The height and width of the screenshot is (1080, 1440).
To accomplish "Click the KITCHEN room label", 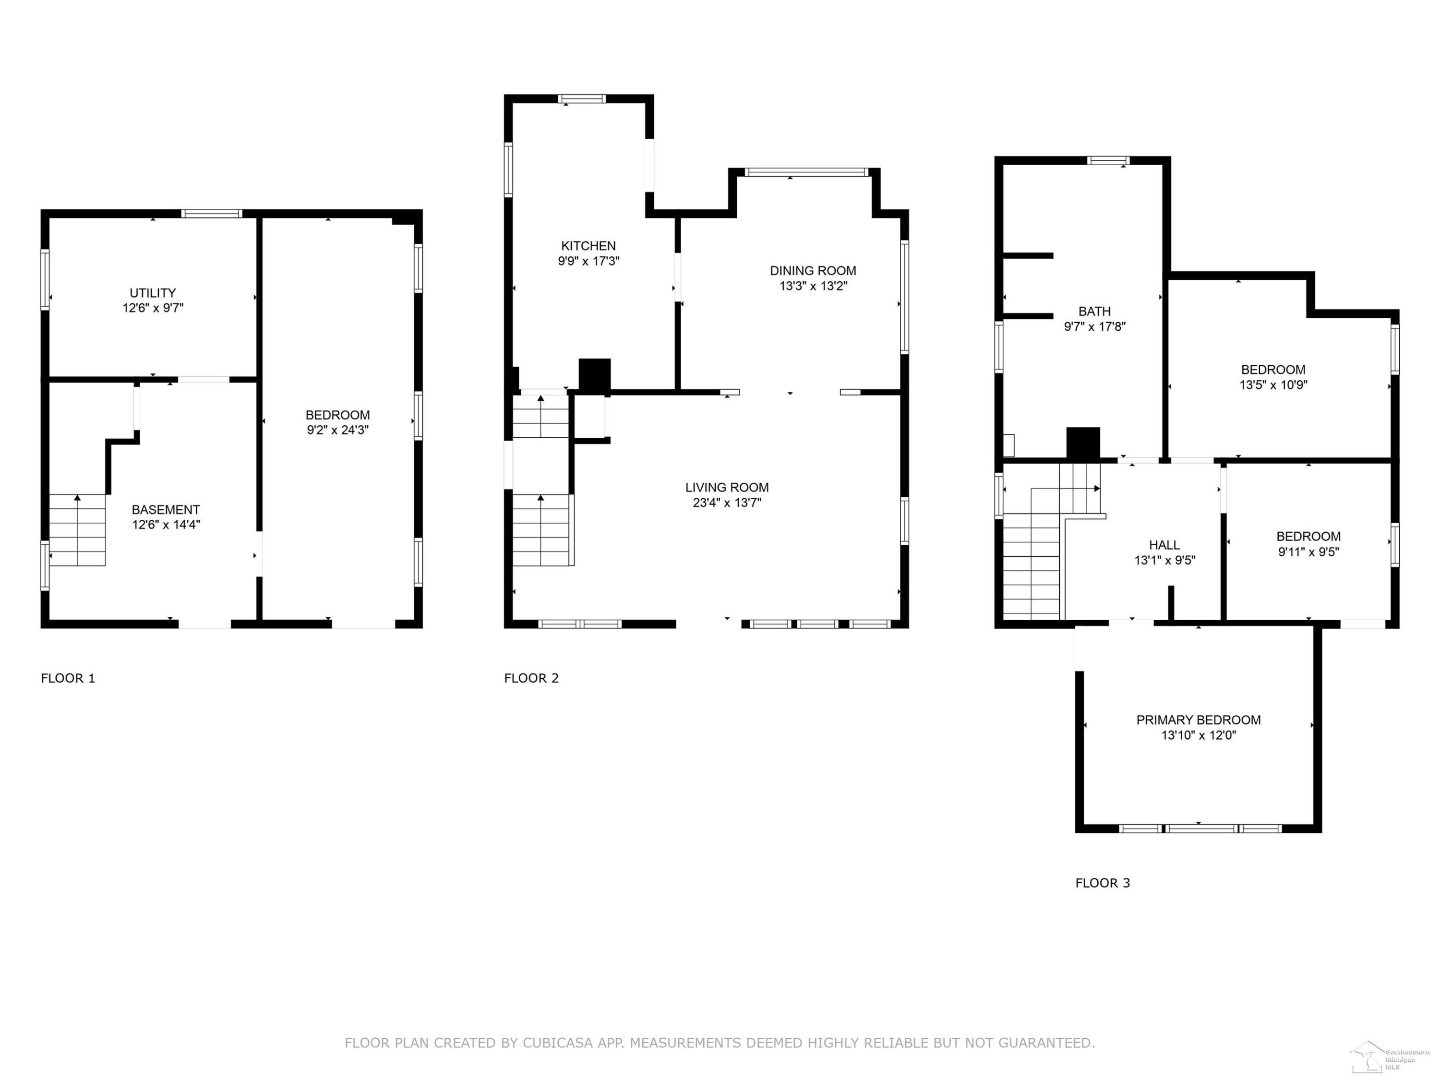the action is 588,246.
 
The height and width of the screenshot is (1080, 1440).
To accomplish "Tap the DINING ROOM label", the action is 813,271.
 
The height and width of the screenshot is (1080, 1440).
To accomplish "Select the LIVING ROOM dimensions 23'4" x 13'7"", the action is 727,503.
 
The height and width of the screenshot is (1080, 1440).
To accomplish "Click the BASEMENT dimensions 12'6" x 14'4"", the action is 166,525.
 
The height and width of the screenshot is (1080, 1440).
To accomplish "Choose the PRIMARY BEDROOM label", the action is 1199,720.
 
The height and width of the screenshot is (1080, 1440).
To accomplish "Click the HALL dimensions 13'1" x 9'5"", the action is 1164,561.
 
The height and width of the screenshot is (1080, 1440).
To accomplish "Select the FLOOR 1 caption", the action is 68,678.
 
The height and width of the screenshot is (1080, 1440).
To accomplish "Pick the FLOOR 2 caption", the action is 532,678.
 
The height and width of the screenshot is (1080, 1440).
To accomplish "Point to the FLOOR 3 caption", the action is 1103,883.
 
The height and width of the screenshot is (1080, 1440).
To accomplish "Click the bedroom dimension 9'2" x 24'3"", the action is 338,430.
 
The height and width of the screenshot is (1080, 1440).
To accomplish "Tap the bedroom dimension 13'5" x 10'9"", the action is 1273,385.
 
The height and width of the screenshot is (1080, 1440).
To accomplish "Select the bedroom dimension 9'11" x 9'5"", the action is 1308,552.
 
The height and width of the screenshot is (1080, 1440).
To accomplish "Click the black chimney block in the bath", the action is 1083,444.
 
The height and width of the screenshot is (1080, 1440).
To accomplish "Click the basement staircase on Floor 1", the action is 77,530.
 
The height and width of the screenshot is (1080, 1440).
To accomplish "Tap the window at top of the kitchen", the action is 582,99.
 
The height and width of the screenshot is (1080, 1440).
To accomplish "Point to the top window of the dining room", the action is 806,172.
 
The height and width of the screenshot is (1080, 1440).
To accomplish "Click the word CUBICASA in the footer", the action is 558,1043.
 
